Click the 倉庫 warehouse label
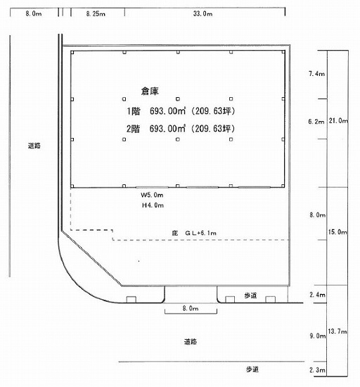coord(150,91)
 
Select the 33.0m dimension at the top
coord(202,13)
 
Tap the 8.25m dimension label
coord(96,13)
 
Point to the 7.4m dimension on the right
coord(316,74)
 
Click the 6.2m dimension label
coord(316,122)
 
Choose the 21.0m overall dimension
coord(338,121)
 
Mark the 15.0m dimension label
coord(337,232)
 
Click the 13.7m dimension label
coord(337,331)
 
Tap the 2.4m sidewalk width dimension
coord(317,295)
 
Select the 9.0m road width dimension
coord(318,336)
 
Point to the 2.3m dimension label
coord(317,369)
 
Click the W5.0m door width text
coord(152,195)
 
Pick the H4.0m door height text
coord(153,205)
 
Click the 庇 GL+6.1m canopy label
coord(194,233)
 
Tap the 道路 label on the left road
coord(34,146)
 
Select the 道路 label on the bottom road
coord(191,341)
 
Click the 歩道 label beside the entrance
coord(250,296)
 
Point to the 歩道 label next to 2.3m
coord(252,369)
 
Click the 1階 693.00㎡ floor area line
coord(181,111)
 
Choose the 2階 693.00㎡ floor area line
coord(181,129)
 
